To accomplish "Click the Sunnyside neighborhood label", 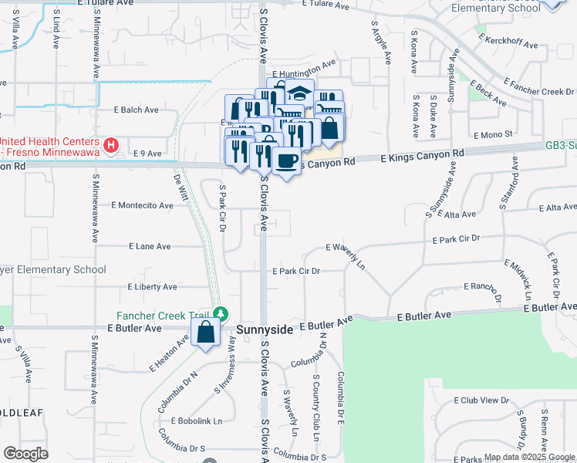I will pos(265,330).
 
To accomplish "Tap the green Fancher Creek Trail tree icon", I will pos(221,313).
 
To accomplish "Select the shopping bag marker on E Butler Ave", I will pos(207,333).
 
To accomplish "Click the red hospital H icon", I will pos(112,144).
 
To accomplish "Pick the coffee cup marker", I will pos(287,161).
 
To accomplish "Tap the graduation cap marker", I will pos(299,94).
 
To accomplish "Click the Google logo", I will pos(25,454).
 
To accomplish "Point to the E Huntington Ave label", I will pos(304,65).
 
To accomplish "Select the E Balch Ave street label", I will pos(141,110).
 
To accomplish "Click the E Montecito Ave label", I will pos(142,205).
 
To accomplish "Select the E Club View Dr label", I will pos(482,400).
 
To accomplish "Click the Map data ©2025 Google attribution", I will pos(529,457).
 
